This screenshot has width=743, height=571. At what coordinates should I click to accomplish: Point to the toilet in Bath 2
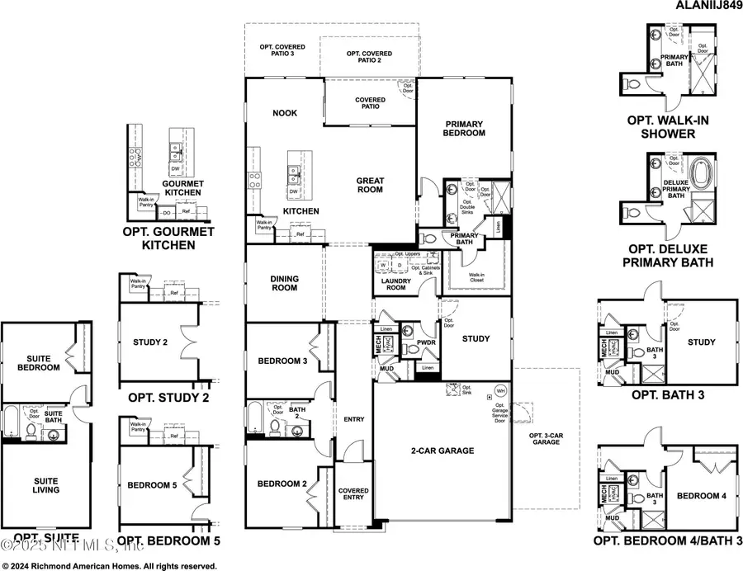tap(275, 423)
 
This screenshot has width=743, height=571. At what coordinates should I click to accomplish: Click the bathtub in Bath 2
tap(253, 419)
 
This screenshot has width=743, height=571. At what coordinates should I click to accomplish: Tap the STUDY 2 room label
tap(151, 342)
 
